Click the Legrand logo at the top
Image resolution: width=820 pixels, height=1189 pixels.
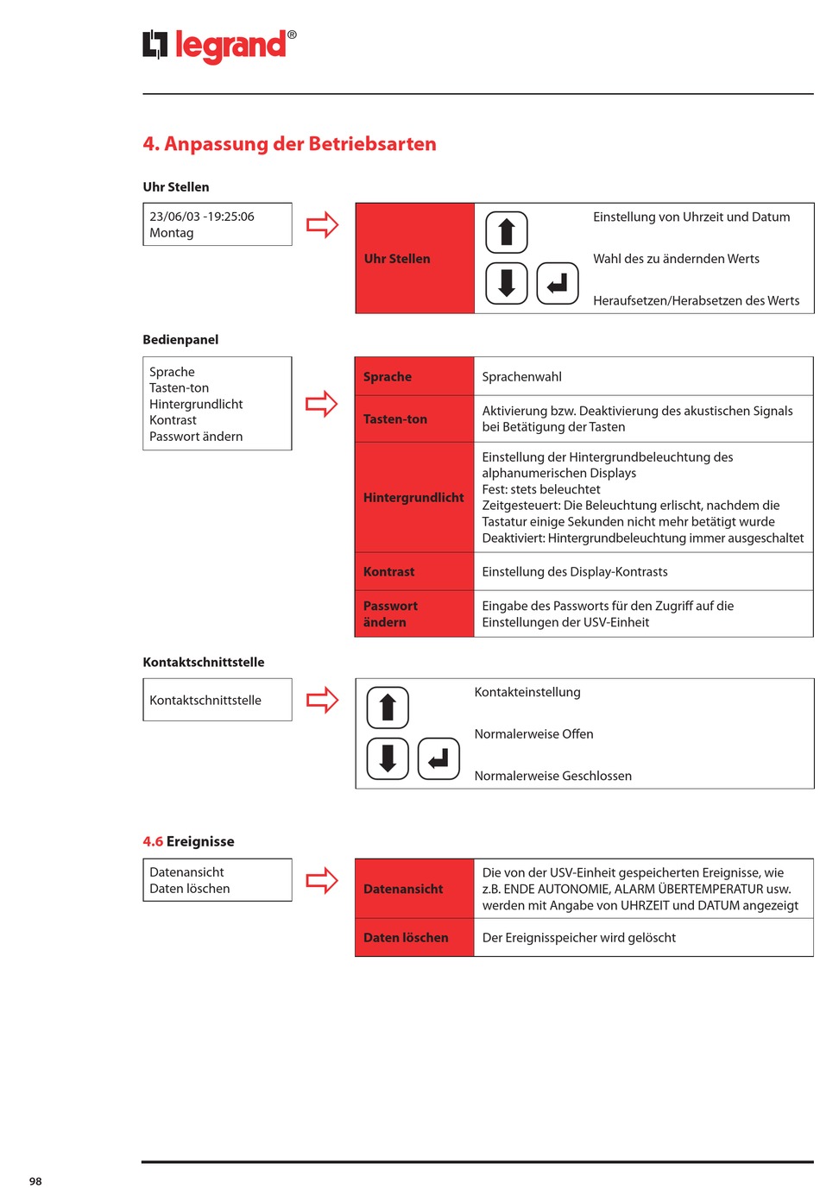219,45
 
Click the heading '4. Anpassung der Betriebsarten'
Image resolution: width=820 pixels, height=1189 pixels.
289,144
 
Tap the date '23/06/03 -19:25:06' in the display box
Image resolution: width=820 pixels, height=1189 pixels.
202,217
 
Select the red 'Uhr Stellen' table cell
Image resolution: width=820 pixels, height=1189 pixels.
414,258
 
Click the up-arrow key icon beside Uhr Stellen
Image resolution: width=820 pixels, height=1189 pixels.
507,232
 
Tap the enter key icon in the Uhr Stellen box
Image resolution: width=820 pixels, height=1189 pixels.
558,283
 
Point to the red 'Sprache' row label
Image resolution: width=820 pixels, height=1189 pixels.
414,377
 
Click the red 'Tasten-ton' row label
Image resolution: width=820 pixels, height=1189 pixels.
414,419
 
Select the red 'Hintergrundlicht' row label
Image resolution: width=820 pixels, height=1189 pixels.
414,498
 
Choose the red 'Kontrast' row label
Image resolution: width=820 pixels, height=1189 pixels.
414,572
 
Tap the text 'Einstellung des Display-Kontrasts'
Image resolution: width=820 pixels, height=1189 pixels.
575,572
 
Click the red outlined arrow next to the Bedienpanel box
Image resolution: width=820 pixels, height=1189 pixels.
322,404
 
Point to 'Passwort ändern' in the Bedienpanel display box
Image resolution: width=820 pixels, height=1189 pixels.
196,437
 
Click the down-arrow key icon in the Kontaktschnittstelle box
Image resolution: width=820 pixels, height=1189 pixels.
388,758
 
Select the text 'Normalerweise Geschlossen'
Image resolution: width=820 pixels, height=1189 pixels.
553,776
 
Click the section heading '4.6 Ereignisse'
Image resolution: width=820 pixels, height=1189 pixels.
188,841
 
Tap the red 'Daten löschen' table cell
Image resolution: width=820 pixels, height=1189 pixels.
414,938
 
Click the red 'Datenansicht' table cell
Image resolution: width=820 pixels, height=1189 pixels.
414,889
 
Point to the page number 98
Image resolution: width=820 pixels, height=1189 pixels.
35,1181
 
